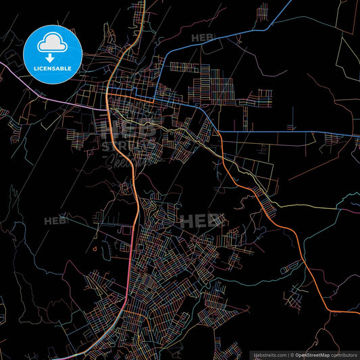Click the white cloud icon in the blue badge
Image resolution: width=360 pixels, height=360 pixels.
point(52,40)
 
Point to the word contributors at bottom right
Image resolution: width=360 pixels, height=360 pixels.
point(342,354)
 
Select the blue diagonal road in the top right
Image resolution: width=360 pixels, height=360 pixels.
point(270,27)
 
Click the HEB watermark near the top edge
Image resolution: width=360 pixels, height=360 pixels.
point(202,38)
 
